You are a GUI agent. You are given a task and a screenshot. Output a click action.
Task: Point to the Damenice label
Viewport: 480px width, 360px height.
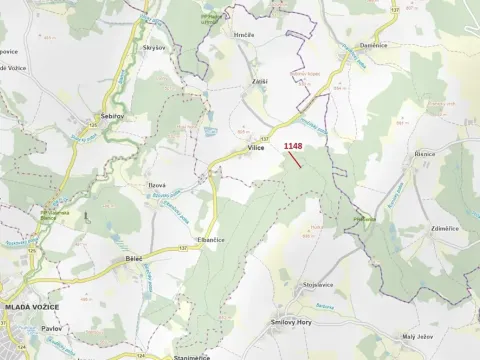pos(373,45)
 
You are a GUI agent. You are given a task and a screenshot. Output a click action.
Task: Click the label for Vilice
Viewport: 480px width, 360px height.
pos(254,148)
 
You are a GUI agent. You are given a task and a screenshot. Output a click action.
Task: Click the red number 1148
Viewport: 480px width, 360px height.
pos(292,146)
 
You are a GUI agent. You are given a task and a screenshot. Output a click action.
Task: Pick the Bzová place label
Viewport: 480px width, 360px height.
pos(158,185)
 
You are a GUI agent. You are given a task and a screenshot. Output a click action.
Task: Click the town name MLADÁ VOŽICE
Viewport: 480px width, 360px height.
pos(30,306)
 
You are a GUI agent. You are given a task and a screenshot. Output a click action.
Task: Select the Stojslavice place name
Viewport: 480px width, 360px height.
pos(318,285)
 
